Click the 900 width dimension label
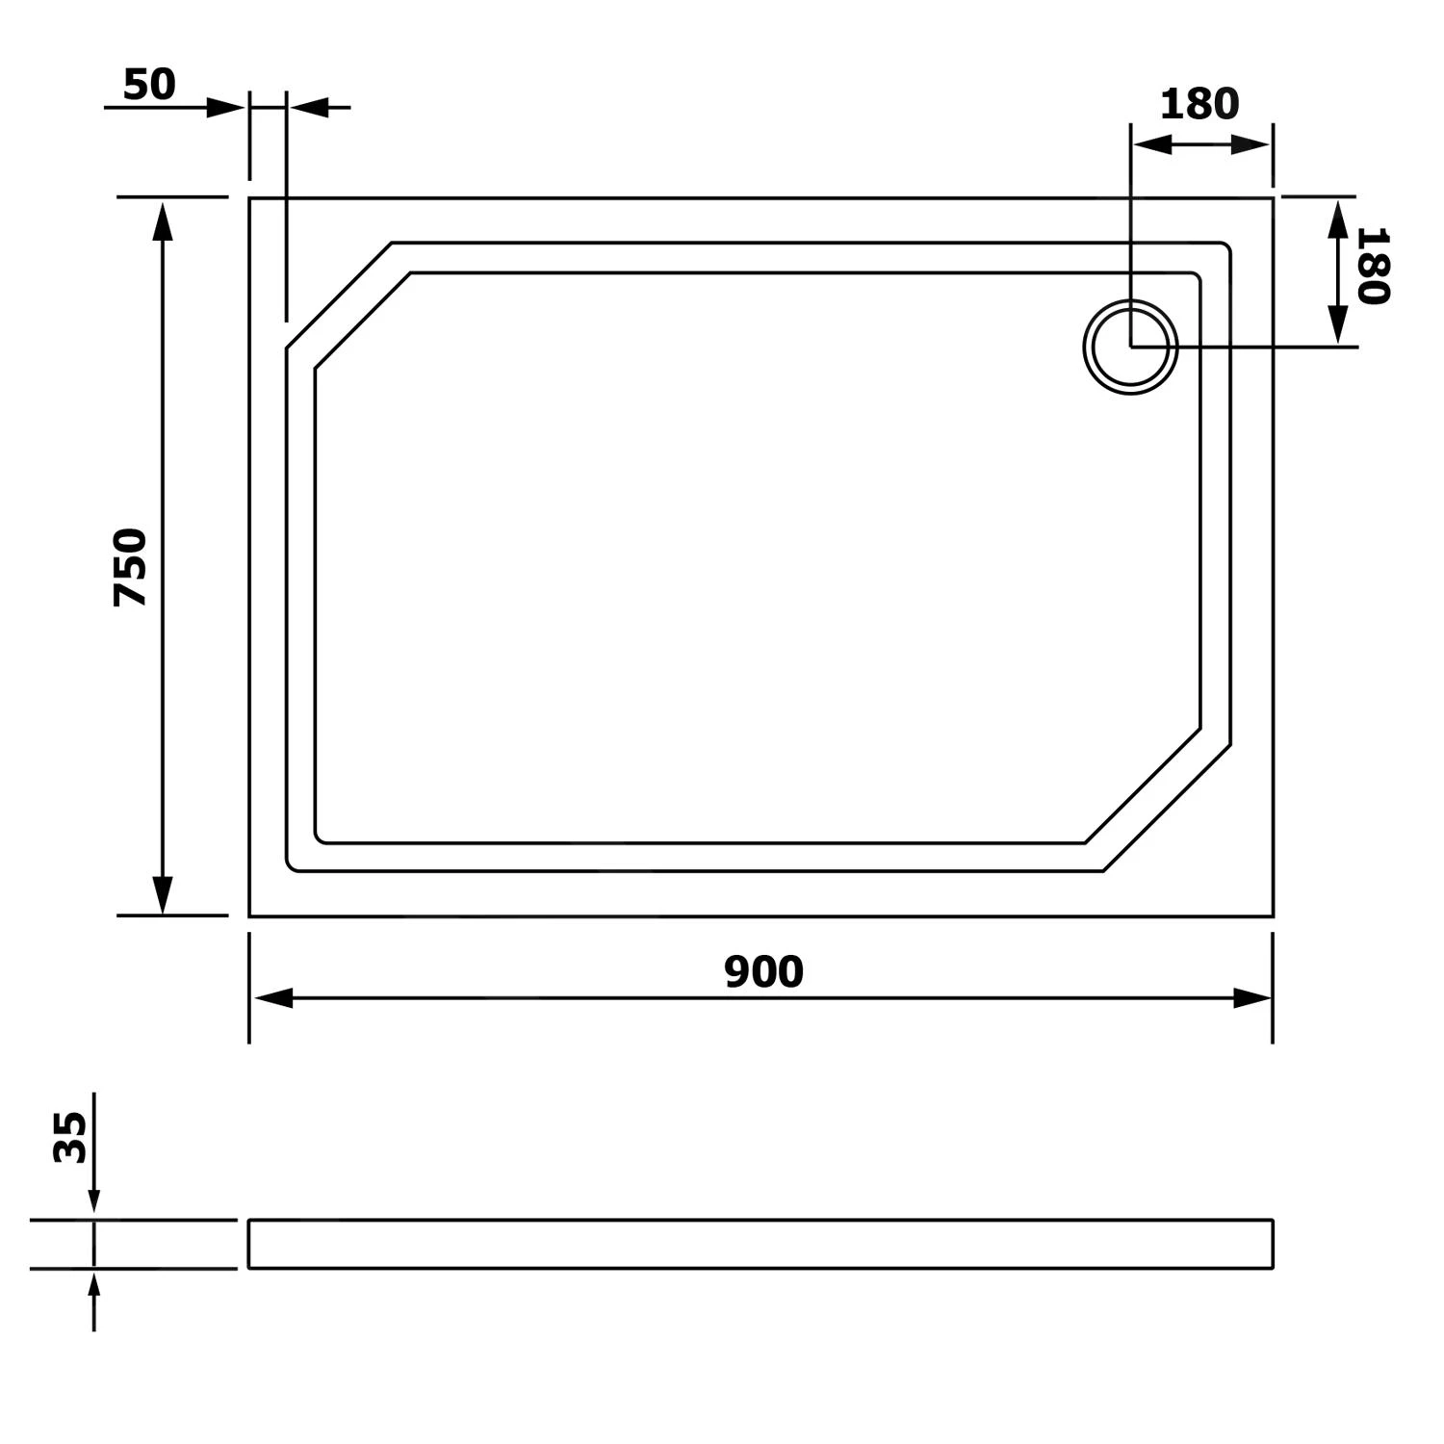point(763,972)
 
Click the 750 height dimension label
point(131,567)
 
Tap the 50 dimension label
point(150,86)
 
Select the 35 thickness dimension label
point(70,1137)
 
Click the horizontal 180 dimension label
point(1199,104)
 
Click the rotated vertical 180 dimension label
point(1373,266)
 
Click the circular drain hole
point(1131,348)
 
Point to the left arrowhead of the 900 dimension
point(272,998)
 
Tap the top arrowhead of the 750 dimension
point(163,220)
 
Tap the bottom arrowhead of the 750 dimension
point(163,894)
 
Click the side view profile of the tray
point(761,1244)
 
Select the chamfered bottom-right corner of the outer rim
point(1167,808)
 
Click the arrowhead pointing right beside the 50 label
point(226,108)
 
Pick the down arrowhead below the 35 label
point(93,1199)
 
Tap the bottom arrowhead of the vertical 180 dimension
point(1337,323)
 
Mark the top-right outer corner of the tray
point(1273,198)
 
